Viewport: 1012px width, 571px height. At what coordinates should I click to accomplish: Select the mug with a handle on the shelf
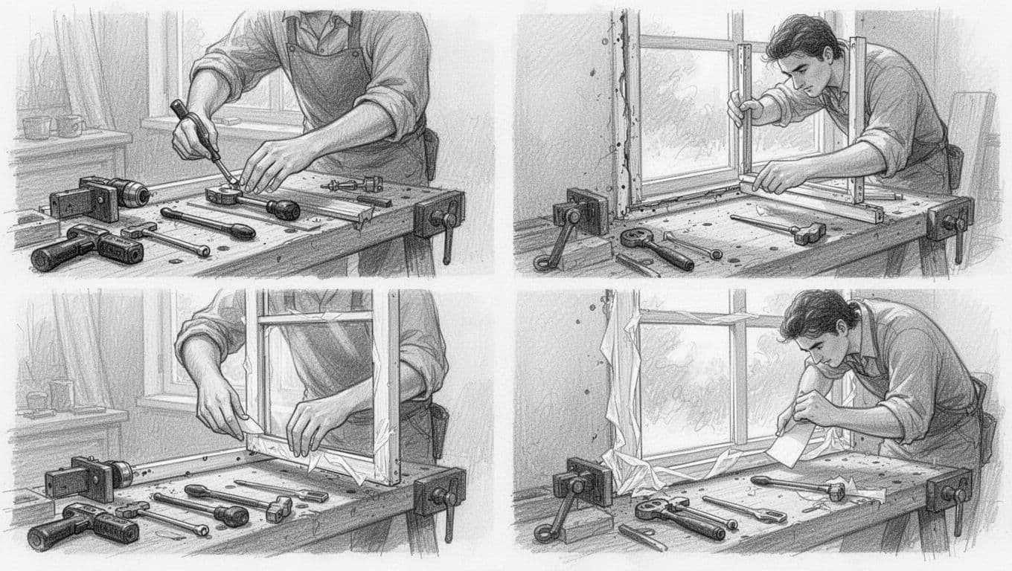point(70,126)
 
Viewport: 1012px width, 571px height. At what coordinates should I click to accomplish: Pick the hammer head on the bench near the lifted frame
point(809,232)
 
